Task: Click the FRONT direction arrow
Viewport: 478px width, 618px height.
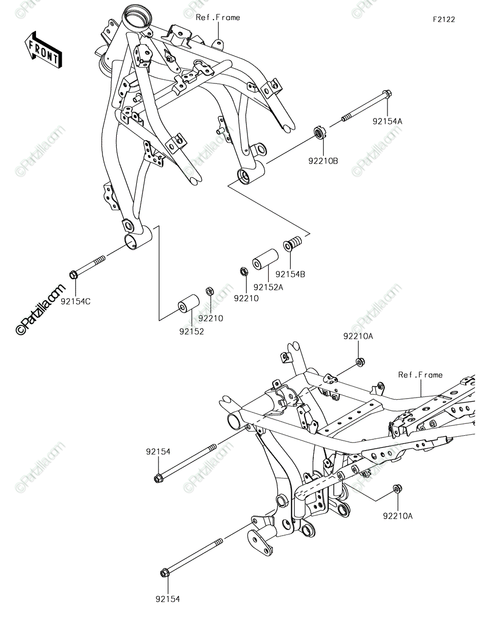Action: pos(43,50)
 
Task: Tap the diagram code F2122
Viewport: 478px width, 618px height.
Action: pos(444,20)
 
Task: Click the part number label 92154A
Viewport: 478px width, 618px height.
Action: pos(387,122)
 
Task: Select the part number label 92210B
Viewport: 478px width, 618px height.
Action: pos(323,161)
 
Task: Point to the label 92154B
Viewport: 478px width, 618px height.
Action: pos(290,274)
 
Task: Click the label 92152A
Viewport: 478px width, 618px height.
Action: pos(269,287)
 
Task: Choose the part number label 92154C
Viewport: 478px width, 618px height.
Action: pos(75,301)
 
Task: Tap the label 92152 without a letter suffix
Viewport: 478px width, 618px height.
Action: pos(191,331)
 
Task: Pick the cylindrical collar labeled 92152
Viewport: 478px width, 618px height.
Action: pos(188,304)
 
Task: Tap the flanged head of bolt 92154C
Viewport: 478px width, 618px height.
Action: pos(73,274)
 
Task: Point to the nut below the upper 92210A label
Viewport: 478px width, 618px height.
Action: pos(360,362)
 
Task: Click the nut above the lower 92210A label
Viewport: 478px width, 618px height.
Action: pos(397,488)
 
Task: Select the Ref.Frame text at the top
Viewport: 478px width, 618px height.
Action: pos(218,18)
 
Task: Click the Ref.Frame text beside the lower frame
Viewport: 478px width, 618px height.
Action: pos(420,375)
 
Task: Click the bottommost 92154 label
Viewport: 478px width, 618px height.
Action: pos(168,599)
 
